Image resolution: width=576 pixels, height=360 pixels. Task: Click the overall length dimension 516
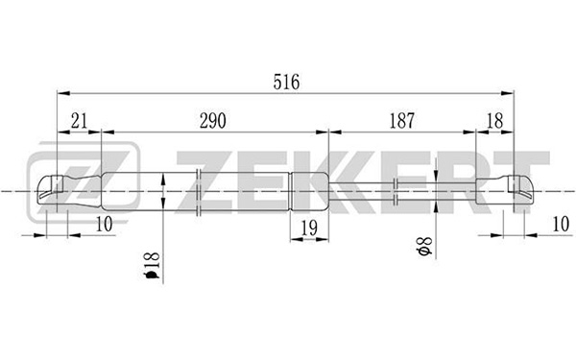pyautogui.click(x=286, y=82)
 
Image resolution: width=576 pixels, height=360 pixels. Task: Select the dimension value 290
pyautogui.click(x=213, y=121)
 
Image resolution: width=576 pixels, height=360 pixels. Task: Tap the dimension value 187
pyautogui.click(x=402, y=121)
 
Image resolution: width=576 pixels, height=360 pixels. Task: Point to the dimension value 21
pyautogui.click(x=80, y=121)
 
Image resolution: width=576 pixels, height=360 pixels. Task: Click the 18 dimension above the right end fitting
pyautogui.click(x=494, y=121)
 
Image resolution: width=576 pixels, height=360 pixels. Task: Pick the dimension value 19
pyautogui.click(x=309, y=228)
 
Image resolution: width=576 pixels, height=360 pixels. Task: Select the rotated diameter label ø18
pyautogui.click(x=152, y=265)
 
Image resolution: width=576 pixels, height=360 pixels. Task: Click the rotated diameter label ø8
pyautogui.click(x=424, y=246)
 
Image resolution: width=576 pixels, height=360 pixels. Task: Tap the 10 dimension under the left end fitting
pyautogui.click(x=104, y=224)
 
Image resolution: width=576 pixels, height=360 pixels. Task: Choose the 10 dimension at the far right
pyautogui.click(x=561, y=224)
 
